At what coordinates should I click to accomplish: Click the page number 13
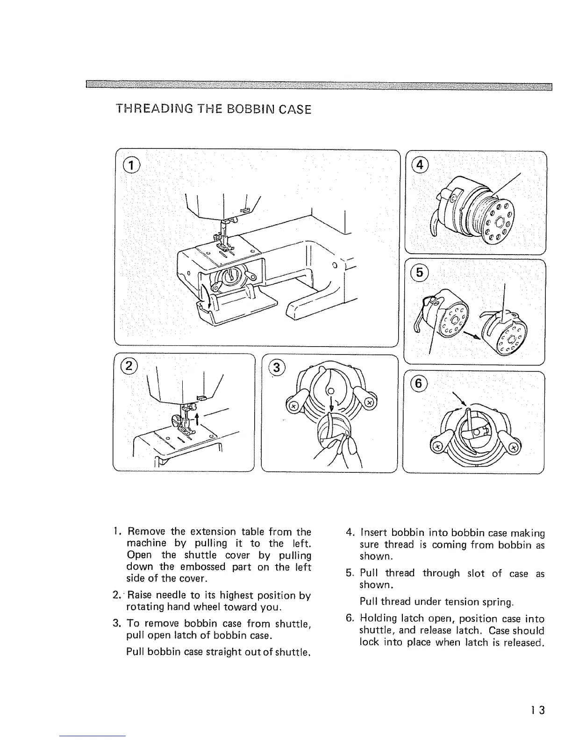(537, 711)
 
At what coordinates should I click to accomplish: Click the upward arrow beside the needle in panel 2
(198, 418)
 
